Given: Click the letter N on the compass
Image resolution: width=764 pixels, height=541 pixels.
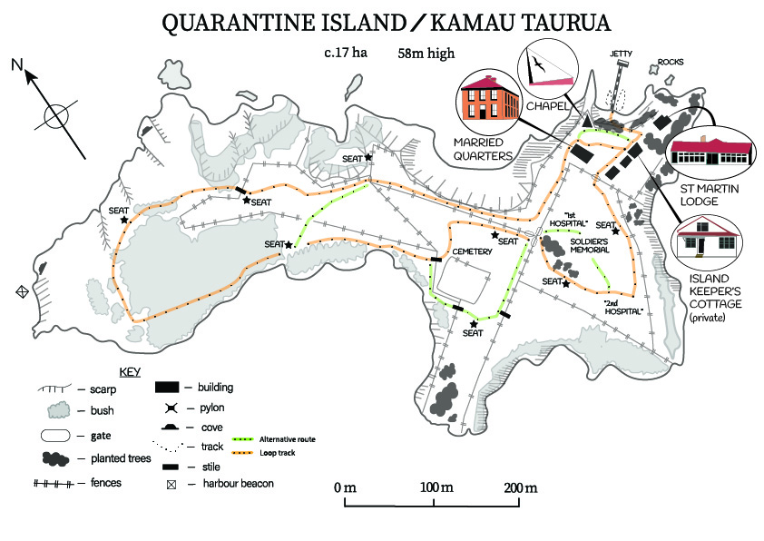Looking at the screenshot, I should coord(16,64).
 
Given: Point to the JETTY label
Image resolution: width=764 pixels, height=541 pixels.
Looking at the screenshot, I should coord(622,54).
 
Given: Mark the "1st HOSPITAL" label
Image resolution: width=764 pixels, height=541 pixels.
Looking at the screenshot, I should coord(570,219).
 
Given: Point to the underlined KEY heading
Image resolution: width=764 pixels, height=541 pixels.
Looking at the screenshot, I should coord(131,372).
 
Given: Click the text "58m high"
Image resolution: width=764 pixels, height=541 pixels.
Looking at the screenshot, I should coord(426,53).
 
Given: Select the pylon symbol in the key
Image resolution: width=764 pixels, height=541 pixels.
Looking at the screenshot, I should coord(169,408).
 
